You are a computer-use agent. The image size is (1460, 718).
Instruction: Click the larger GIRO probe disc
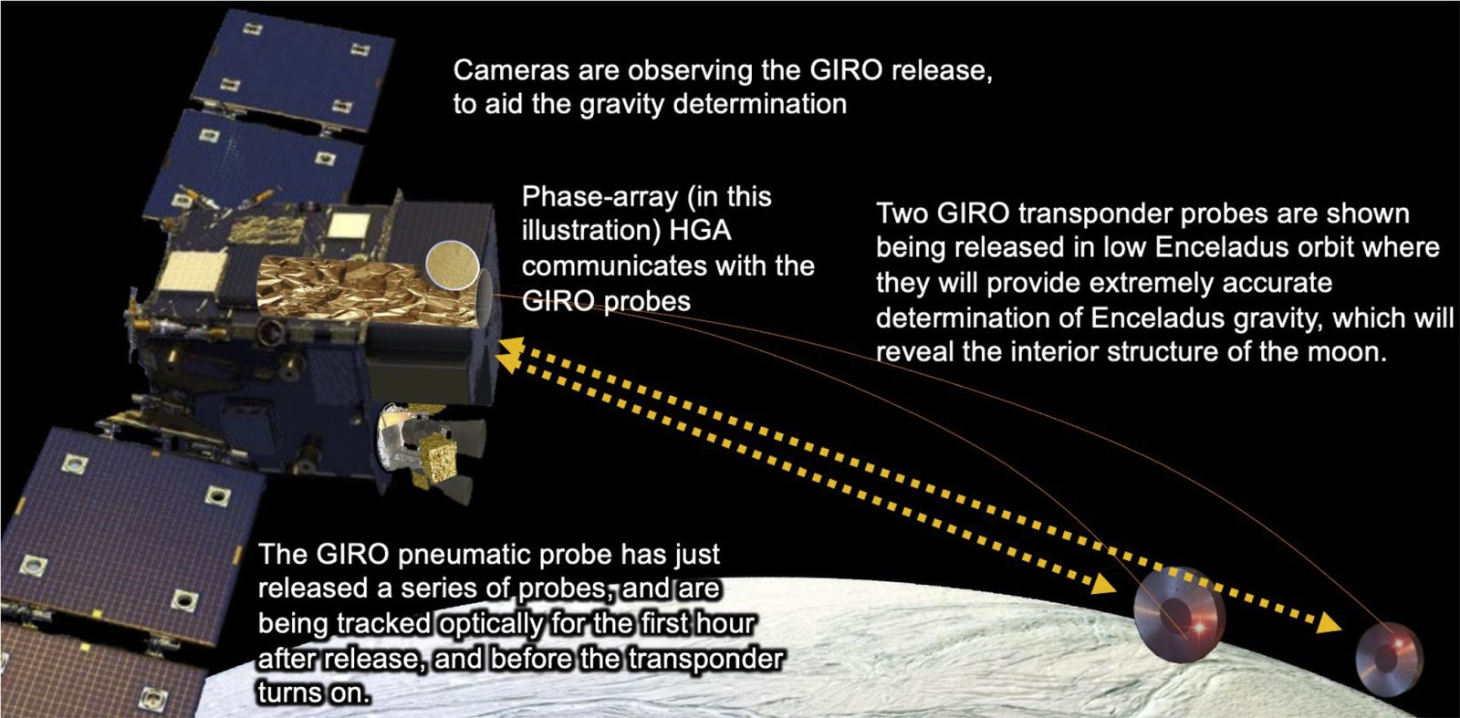1179,614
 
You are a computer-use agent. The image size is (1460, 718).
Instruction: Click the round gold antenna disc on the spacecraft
453,265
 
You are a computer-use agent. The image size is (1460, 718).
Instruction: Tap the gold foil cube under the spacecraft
438,463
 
